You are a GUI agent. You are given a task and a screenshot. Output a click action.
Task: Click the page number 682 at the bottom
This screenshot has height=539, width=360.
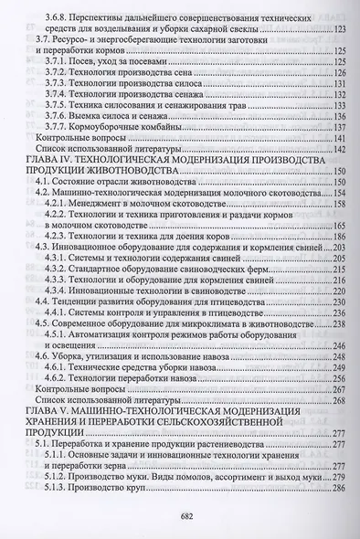click(x=179, y=514)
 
